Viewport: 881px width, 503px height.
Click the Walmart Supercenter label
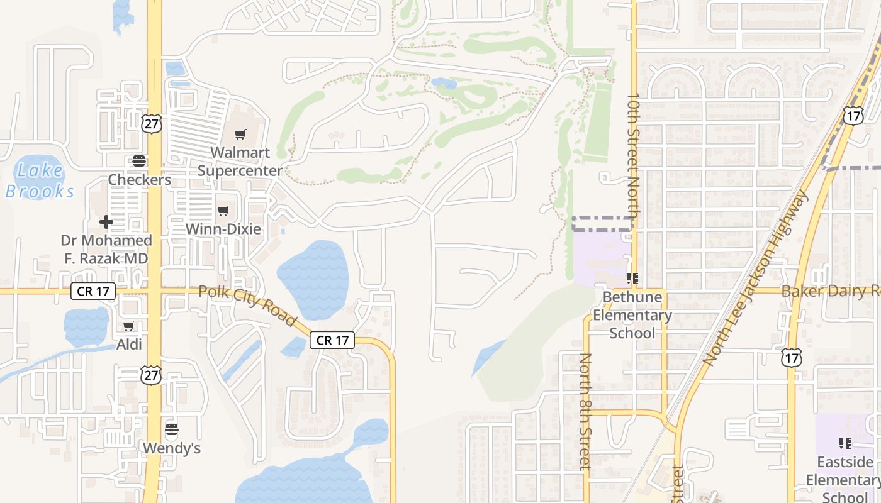tap(240, 162)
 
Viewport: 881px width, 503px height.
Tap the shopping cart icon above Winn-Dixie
tap(223, 211)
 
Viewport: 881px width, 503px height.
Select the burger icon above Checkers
tap(139, 161)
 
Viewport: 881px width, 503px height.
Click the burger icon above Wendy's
tap(171, 430)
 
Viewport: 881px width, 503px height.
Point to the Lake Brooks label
tap(40, 180)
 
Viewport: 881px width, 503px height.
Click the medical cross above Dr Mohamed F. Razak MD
tap(106, 222)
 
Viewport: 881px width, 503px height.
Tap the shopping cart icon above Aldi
tap(129, 326)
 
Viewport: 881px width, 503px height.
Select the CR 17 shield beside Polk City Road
tap(332, 340)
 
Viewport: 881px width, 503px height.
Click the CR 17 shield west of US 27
tap(93, 291)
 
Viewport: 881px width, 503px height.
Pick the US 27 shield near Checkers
tap(152, 123)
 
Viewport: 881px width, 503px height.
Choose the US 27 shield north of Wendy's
tap(152, 375)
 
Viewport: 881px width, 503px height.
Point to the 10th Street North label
tap(634, 157)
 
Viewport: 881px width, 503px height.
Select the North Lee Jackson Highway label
tap(755, 279)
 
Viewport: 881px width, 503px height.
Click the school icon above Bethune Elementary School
tap(632, 278)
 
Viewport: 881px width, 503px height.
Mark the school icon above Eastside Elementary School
tap(845, 443)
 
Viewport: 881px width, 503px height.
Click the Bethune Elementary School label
tap(632, 314)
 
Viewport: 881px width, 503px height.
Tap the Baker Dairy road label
tap(830, 291)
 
